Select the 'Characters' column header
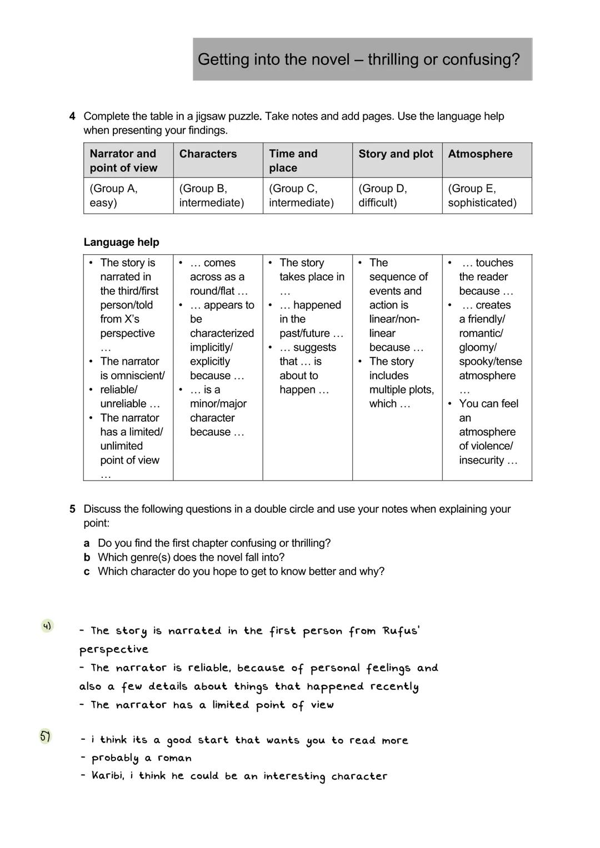tap(208, 154)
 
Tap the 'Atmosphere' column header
tap(480, 154)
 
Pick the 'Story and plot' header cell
tap(396, 154)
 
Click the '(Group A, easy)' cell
tap(128, 195)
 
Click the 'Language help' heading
tap(121, 242)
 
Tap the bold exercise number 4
tap(72, 117)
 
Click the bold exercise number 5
tap(72, 509)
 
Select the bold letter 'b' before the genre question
tap(87, 557)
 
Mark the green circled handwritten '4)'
tap(47, 626)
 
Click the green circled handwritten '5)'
tap(45, 736)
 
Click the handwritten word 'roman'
tap(174, 758)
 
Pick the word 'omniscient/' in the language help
tap(132, 376)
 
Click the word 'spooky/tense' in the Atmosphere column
tap(491, 362)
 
